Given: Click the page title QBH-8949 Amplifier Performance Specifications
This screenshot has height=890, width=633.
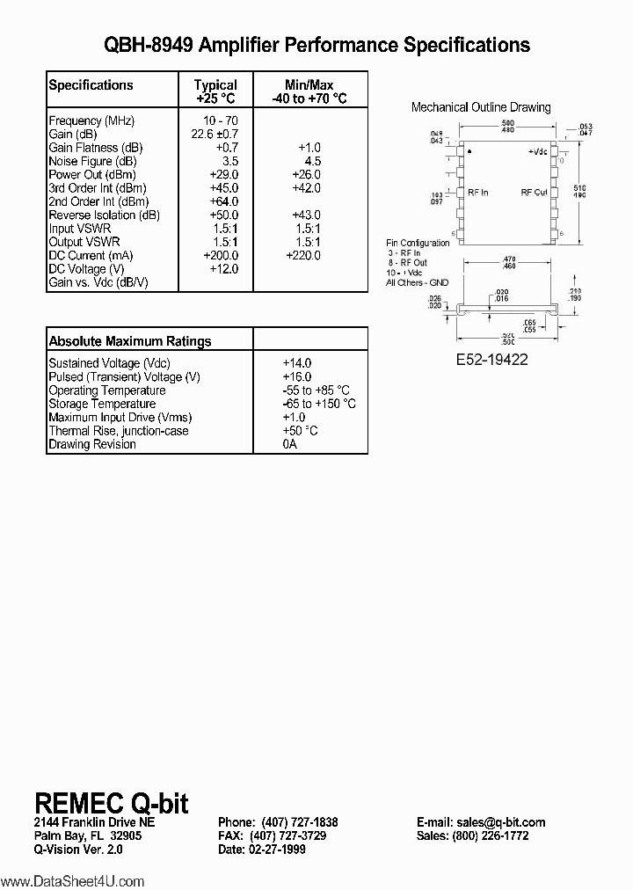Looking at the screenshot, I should [x=316, y=45].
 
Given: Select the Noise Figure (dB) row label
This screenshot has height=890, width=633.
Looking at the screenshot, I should [x=92, y=161].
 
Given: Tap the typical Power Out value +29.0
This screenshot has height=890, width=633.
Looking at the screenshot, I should [x=221, y=175].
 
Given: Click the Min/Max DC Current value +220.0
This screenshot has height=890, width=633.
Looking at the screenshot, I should [x=303, y=255].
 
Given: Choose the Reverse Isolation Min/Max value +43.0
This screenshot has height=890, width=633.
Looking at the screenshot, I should [x=303, y=215].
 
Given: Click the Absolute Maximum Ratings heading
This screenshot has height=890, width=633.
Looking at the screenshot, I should [x=129, y=341].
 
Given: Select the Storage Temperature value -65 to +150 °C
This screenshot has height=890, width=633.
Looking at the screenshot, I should [x=318, y=404].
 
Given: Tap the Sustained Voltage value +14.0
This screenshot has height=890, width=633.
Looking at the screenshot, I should [x=297, y=363].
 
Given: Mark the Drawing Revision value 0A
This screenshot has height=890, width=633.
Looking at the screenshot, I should [x=290, y=444].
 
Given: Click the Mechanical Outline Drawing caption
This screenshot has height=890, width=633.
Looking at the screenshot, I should [x=481, y=107].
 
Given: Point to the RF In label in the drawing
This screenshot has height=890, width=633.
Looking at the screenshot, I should [x=478, y=193].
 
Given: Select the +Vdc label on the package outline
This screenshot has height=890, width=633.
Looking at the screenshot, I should [x=538, y=152].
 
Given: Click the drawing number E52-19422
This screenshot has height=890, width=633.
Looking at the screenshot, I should [x=491, y=360].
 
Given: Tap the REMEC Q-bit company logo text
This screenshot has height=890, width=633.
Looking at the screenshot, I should [x=111, y=802].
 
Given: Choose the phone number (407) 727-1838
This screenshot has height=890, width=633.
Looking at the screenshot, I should [x=299, y=822].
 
